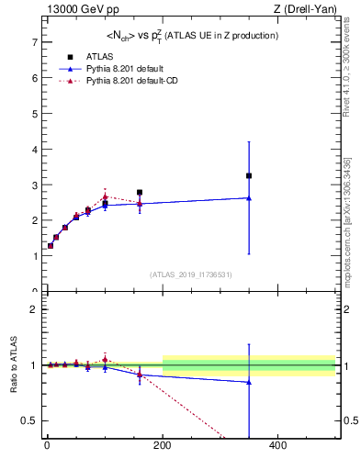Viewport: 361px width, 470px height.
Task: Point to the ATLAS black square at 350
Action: tap(249, 175)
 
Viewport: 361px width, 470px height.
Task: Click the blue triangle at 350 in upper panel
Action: tap(249, 197)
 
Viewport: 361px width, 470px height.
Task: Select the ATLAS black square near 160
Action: tap(140, 193)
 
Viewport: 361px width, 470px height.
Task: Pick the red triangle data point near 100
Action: tap(105, 196)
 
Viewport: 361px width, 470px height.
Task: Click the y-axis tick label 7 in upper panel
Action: tap(33, 43)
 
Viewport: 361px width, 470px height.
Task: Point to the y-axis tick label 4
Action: tap(33, 150)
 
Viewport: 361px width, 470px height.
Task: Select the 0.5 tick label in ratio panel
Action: tap(28, 420)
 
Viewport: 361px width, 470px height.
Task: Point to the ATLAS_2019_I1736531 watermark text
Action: tap(191, 274)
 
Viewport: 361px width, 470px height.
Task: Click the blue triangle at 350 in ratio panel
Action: tap(249, 382)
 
